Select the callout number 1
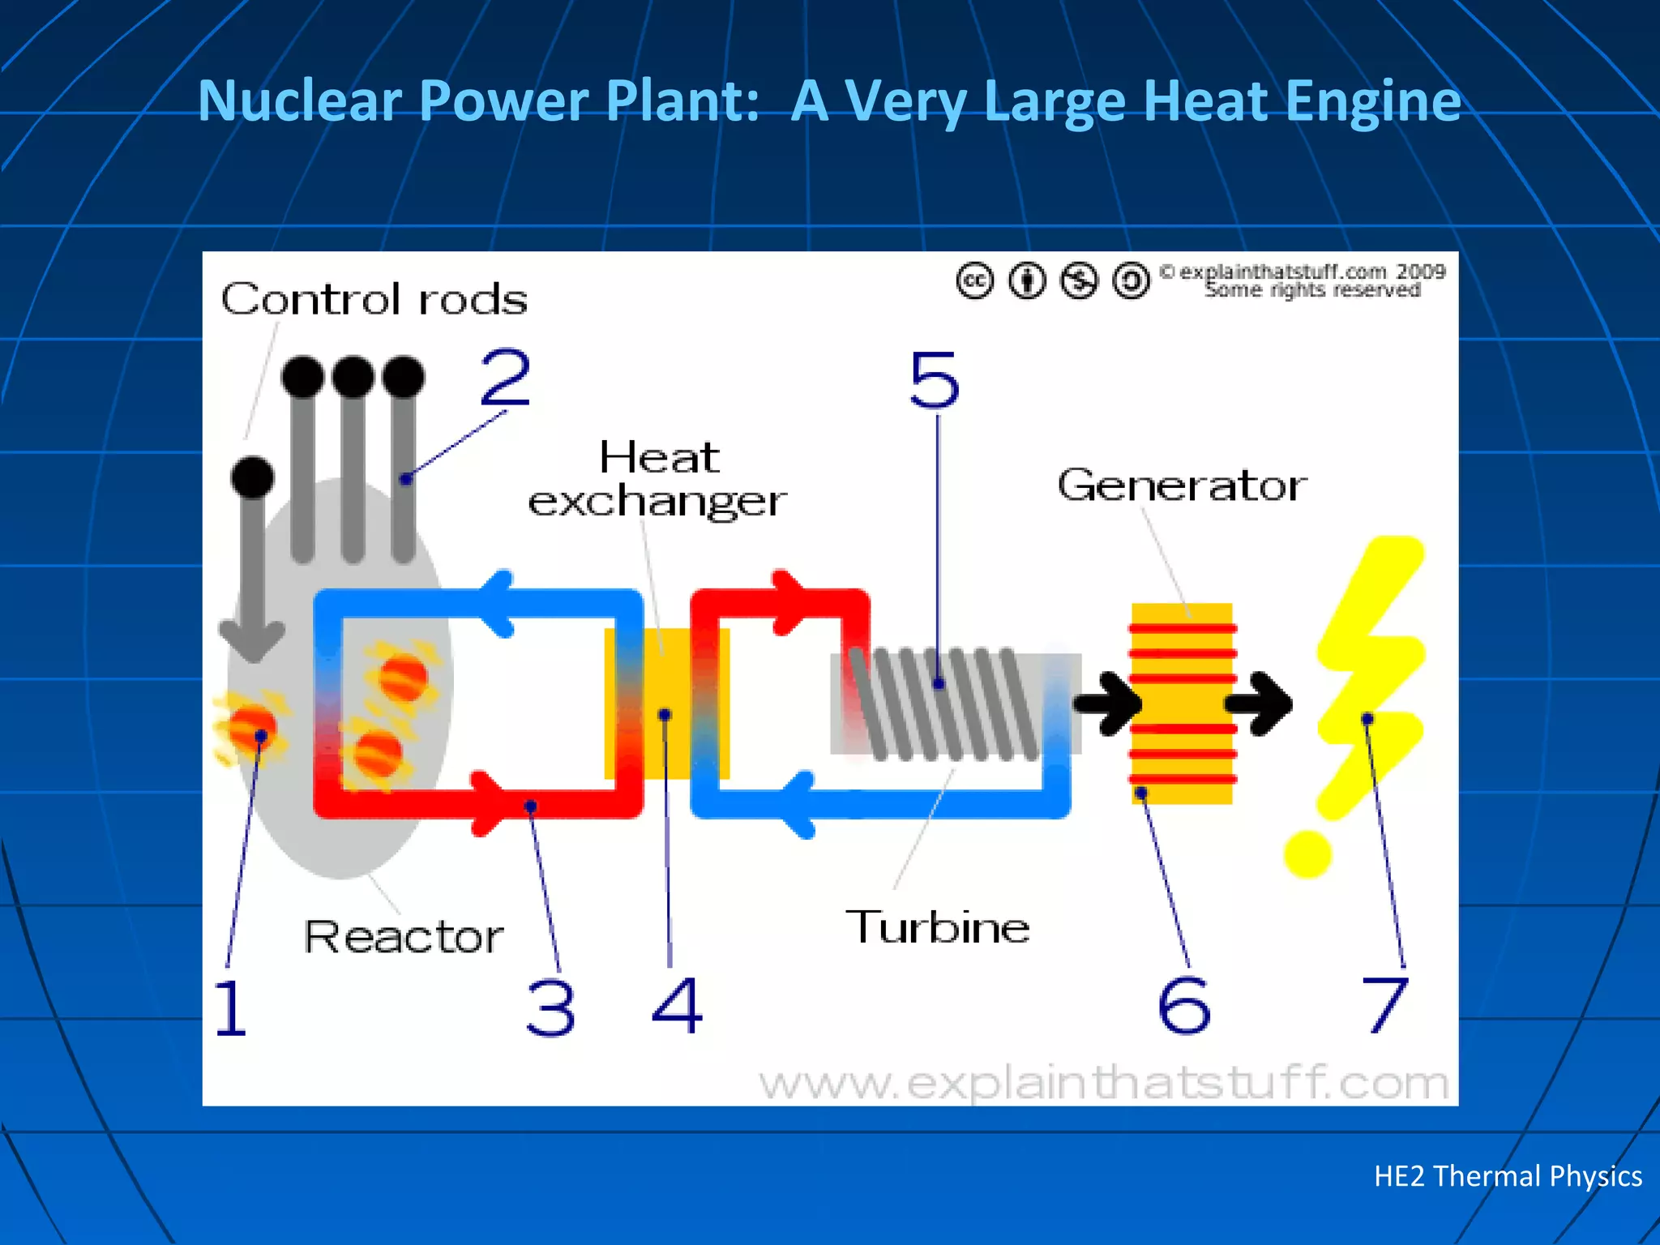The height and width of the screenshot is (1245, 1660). (230, 1007)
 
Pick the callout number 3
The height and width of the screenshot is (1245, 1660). (550, 1008)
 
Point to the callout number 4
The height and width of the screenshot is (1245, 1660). (677, 1005)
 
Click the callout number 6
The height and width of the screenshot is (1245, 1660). (1184, 1005)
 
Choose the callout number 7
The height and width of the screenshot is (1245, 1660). (1384, 1005)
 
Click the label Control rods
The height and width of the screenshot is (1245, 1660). (374, 299)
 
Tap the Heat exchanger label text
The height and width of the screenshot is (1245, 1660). (657, 479)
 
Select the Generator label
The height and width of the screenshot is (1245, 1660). (1182, 486)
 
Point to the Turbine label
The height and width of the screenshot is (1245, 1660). (937, 926)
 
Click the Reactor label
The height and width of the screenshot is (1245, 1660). (403, 937)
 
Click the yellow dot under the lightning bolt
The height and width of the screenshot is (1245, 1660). (1307, 854)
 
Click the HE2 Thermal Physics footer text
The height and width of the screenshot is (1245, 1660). (1507, 1176)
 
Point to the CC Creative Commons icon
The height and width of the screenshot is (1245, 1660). (974, 281)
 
